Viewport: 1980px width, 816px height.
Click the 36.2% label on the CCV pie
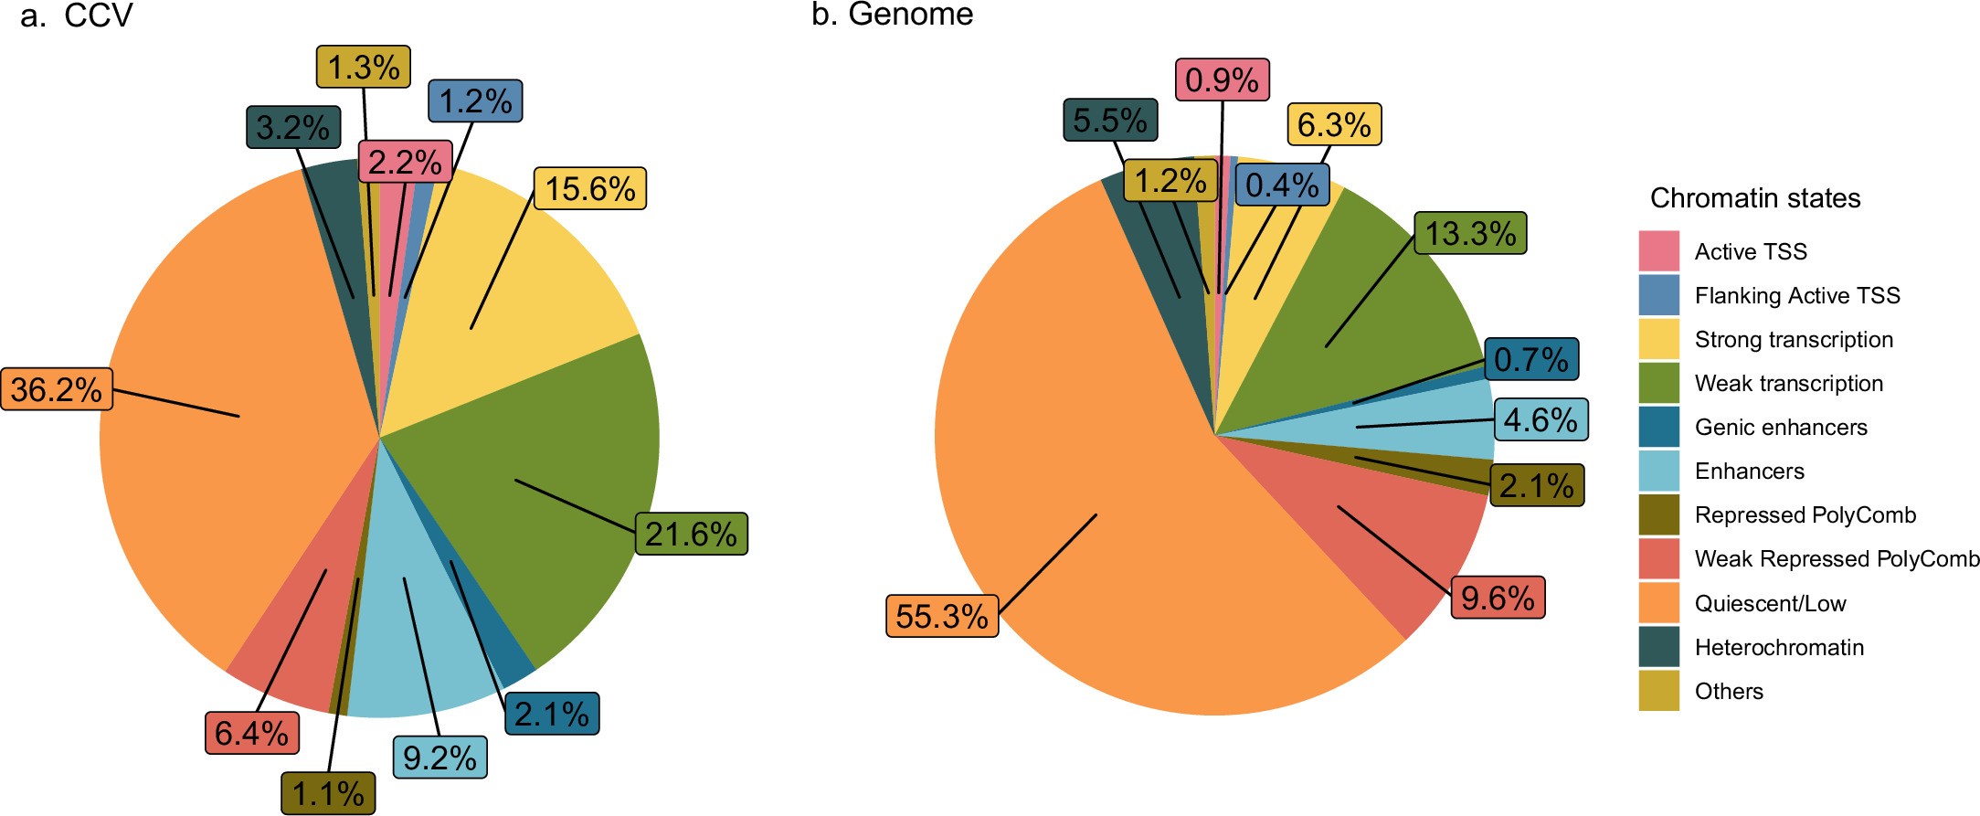[x=57, y=389]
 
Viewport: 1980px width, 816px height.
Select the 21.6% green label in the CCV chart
[x=691, y=534]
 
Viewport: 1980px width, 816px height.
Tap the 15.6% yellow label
[x=589, y=189]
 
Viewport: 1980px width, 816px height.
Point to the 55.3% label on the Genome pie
[x=942, y=616]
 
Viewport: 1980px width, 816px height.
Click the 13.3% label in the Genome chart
[x=1470, y=233]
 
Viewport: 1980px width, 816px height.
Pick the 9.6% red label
[x=1497, y=598]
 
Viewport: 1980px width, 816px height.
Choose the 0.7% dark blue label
[x=1530, y=359]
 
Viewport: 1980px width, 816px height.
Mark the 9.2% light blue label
[x=439, y=758]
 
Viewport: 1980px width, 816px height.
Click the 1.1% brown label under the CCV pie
[x=328, y=793]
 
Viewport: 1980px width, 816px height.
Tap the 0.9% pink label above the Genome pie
[x=1222, y=79]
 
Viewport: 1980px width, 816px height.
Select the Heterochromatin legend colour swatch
[x=1658, y=647]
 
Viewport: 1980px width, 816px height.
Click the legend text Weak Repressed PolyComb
[x=1836, y=558]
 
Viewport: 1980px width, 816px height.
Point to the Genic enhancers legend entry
[x=1780, y=427]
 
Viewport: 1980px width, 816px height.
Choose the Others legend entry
[x=1728, y=691]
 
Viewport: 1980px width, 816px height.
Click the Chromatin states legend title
[x=1754, y=198]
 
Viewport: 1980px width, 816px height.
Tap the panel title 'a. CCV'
[x=77, y=16]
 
